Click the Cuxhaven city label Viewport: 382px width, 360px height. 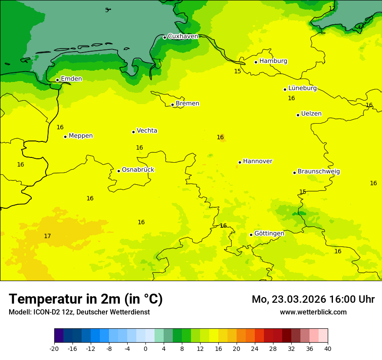click(x=183, y=36)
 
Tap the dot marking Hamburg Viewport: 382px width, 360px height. click(x=256, y=62)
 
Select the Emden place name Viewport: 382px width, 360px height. click(x=71, y=79)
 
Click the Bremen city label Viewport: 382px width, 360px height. click(x=188, y=104)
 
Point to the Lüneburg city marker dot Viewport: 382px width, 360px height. click(x=285, y=89)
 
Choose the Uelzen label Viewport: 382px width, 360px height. click(x=311, y=114)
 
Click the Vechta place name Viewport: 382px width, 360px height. click(x=147, y=131)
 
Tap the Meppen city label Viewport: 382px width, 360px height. click(x=81, y=136)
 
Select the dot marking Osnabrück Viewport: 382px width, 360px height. click(x=119, y=171)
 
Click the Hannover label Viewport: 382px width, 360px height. click(x=257, y=161)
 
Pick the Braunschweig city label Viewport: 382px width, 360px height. click(x=319, y=172)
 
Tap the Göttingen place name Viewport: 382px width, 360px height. click(x=269, y=234)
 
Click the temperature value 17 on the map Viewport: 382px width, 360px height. click(x=47, y=236)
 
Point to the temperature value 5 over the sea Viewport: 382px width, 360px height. click(x=107, y=10)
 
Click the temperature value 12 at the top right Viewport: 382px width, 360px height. click(x=332, y=8)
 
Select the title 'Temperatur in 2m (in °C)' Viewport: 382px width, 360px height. click(x=86, y=299)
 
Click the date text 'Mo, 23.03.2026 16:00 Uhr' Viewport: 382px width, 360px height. click(x=313, y=299)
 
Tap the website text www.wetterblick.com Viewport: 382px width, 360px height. click(x=313, y=312)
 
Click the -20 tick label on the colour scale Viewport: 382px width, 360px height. click(x=54, y=349)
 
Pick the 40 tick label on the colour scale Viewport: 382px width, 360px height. click(x=328, y=349)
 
